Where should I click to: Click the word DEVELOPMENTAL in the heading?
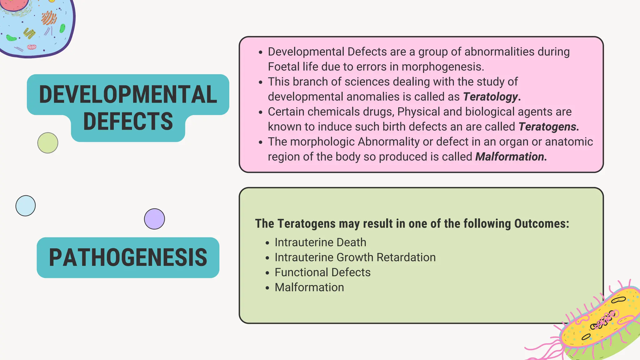point(128,94)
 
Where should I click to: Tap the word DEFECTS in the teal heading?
point(128,122)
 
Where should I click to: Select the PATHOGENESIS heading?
point(128,257)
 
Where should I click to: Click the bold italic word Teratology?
point(491,97)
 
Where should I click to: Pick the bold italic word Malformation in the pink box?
point(510,157)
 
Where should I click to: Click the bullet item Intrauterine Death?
point(320,242)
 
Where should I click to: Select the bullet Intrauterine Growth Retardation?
point(355,257)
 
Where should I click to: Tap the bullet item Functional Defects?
point(322,272)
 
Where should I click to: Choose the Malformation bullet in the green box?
point(309,287)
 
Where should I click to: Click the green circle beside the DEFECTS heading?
point(48,143)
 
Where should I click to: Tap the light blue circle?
point(26,206)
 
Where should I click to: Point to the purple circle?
point(154,219)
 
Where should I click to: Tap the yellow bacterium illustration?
point(600,325)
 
